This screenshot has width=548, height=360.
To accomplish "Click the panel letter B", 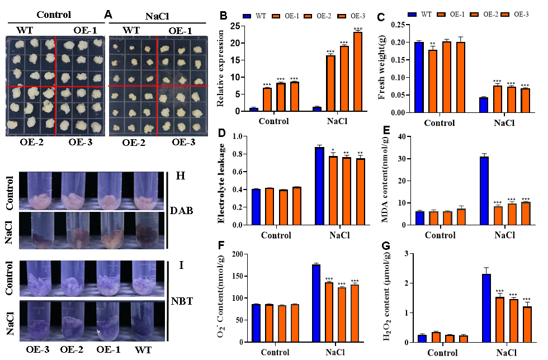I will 223,16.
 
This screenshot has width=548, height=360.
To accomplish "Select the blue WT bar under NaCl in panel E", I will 484,191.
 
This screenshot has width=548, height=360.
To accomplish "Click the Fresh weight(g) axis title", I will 382,67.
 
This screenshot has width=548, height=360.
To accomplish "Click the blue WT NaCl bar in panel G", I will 486,307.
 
